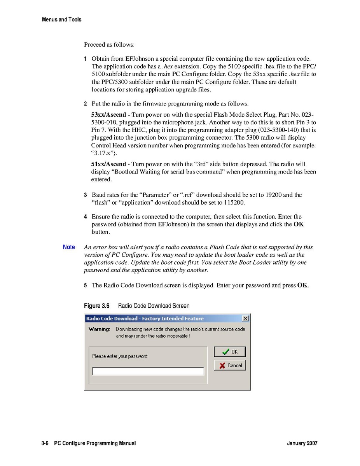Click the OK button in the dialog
tap(230, 352)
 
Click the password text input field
tap(148, 371)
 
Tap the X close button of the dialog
tap(245, 319)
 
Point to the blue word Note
tap(69, 247)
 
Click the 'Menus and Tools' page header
tap(61, 19)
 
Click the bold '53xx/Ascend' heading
tap(108, 115)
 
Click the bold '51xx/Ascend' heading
tap(108, 164)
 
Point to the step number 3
tap(86, 195)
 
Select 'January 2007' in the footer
tap(302, 443)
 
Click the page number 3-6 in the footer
tap(45, 443)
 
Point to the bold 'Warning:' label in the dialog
tap(99, 329)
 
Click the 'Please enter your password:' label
tap(120, 356)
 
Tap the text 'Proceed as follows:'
tap(109, 45)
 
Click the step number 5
tap(86, 286)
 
